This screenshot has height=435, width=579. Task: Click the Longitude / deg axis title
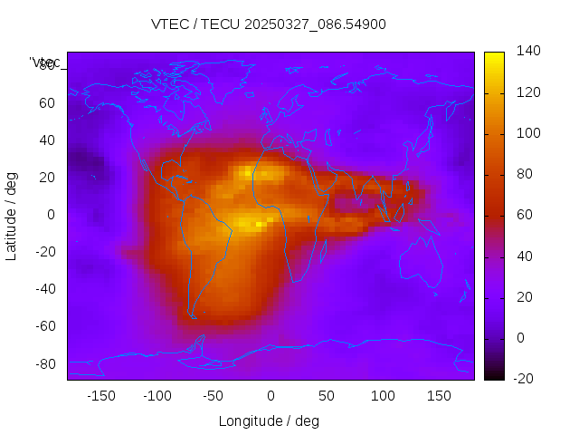pyautogui.click(x=269, y=420)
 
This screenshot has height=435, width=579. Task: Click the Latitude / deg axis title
pyautogui.click(x=12, y=215)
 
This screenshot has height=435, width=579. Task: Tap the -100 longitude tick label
pyautogui.click(x=157, y=395)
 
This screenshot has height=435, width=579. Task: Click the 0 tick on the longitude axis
pyautogui.click(x=270, y=395)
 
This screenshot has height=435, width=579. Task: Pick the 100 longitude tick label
pyautogui.click(x=383, y=395)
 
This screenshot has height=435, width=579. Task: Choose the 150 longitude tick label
pyautogui.click(x=439, y=395)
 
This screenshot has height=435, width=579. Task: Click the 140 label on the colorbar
pyautogui.click(x=528, y=52)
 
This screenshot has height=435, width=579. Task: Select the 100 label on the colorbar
pyautogui.click(x=528, y=133)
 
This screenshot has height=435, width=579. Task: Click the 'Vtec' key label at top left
pyautogui.click(x=45, y=63)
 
